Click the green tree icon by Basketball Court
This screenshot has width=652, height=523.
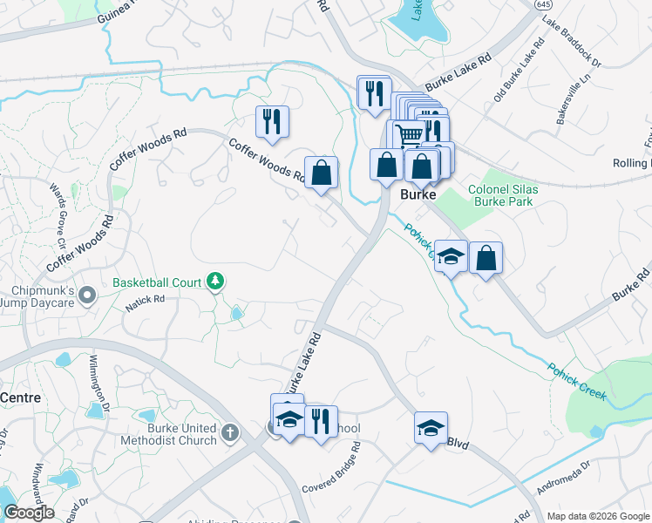click(215, 282)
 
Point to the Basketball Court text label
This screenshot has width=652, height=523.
click(156, 282)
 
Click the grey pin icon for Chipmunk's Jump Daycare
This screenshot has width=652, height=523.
click(86, 297)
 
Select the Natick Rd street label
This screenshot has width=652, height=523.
click(145, 300)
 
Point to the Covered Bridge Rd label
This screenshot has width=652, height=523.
click(330, 475)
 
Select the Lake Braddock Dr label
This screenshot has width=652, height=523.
click(574, 51)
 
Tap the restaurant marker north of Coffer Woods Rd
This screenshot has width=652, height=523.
click(272, 121)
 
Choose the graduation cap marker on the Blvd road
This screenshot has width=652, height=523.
click(430, 428)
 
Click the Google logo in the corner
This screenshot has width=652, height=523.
click(29, 513)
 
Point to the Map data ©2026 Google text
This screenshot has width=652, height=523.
click(598, 516)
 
